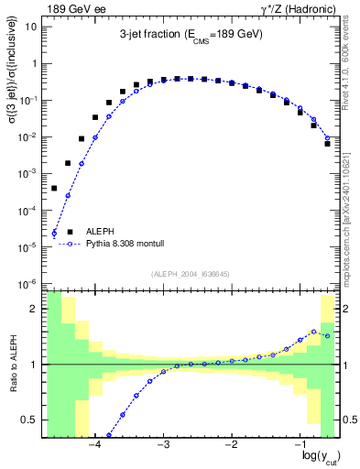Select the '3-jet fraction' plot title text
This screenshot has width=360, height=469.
(191, 35)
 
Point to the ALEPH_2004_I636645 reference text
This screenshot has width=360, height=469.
(191, 273)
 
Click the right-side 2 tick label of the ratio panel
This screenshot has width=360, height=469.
(346, 309)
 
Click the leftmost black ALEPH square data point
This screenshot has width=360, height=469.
(54, 188)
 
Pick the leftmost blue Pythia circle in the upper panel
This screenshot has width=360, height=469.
(54, 233)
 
